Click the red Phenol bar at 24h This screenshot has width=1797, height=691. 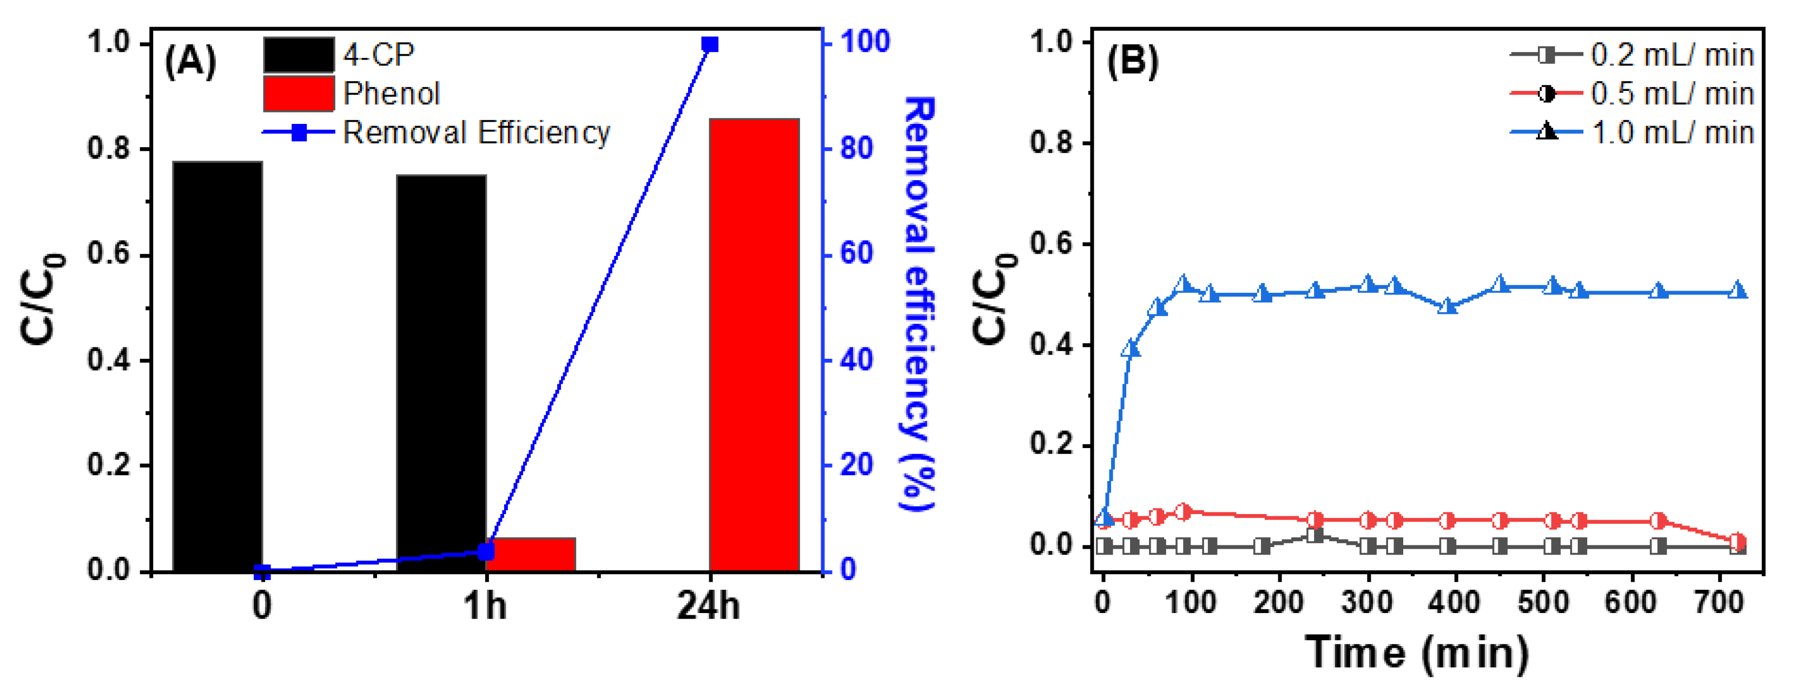coord(754,345)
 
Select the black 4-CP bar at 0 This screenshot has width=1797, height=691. coord(217,366)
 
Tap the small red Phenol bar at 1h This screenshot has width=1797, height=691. coord(531,554)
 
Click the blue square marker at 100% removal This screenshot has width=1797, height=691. coord(710,45)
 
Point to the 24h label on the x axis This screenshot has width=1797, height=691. coord(708,605)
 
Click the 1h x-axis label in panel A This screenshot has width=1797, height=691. coord(485,605)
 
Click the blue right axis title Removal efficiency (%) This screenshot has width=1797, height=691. coord(920,304)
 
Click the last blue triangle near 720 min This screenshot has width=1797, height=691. coord(1737,291)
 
